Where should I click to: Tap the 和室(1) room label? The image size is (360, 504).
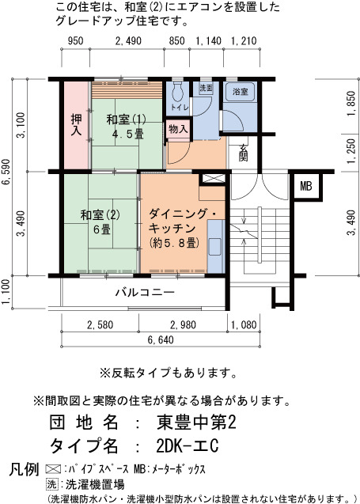click(x=126, y=120)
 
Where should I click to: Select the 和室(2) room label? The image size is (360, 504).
click(x=100, y=215)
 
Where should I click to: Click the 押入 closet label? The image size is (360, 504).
click(x=76, y=125)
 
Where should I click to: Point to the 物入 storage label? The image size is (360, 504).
click(x=178, y=129)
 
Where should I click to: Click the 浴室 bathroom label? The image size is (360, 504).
click(x=240, y=92)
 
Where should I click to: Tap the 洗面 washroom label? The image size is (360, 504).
click(x=206, y=88)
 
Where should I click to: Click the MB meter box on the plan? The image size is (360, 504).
click(x=305, y=186)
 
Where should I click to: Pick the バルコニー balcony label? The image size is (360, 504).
click(x=145, y=293)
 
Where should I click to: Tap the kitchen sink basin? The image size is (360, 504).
click(x=215, y=247)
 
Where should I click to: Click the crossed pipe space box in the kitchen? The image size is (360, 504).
click(x=213, y=179)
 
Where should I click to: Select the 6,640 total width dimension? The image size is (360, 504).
click(x=161, y=339)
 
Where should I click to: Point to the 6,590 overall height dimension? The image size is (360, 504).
click(x=6, y=172)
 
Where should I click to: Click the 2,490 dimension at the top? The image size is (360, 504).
click(x=128, y=41)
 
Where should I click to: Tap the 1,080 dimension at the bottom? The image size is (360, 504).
click(x=244, y=324)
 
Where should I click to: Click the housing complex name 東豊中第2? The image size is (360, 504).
click(x=197, y=423)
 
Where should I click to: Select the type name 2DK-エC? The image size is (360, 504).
click(x=188, y=445)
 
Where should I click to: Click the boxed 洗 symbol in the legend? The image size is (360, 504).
click(x=52, y=484)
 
